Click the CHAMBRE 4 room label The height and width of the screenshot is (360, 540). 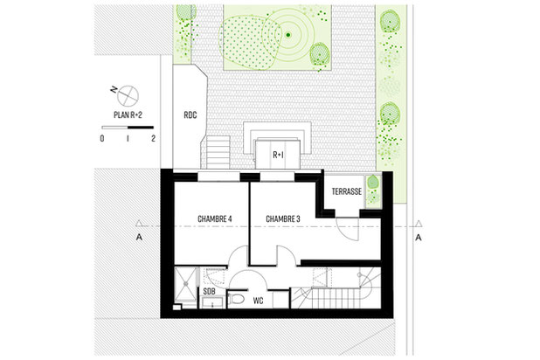tap(214, 218)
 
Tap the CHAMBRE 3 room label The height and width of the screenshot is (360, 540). tap(283, 218)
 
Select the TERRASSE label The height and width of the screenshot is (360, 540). tap(347, 191)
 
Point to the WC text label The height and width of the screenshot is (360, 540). tap(259, 301)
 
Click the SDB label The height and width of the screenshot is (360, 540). tap(210, 291)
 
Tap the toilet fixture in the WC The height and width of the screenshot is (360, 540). tap(239, 300)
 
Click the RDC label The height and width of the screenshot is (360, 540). tap(190, 114)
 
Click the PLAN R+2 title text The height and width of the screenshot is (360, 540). tap(128, 114)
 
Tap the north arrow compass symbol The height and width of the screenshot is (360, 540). tap(128, 93)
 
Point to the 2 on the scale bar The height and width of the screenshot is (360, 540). tap(153, 139)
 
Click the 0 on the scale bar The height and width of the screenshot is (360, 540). tap(103, 139)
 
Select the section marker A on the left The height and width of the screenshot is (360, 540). tap(138, 237)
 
